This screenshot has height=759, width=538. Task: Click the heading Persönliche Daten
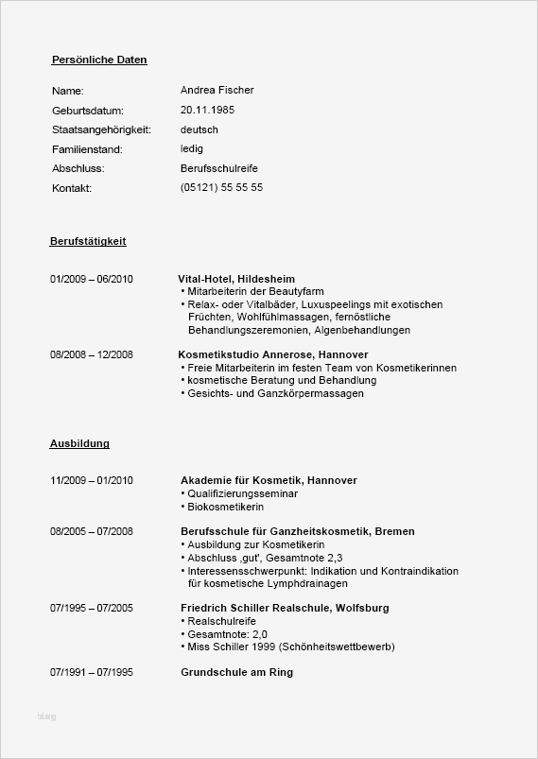pos(99,60)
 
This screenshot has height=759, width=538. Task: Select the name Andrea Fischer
pos(217,90)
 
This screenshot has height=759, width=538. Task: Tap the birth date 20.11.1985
pos(207,110)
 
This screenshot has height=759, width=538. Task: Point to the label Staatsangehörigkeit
pos(102,129)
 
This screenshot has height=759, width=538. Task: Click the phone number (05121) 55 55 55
pos(221,187)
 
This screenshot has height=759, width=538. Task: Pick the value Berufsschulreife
pos(218,168)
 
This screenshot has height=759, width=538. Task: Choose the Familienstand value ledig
pos(191,148)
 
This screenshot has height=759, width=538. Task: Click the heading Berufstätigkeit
pos(88,241)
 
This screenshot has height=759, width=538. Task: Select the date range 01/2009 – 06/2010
pos(92,279)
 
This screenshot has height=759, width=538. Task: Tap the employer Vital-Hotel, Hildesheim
pos(236,279)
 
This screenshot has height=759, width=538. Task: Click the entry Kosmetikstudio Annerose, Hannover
pos(262,354)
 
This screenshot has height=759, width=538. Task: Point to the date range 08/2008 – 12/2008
pos(92,354)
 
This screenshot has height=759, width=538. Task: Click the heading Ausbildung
pos(79,442)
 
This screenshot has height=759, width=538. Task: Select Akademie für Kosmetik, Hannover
pos(269,480)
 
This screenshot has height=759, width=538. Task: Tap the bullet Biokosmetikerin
pos(222,507)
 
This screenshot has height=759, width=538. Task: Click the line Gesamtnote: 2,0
pos(227,633)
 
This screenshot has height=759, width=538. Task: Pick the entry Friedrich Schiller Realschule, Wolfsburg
pos(284,607)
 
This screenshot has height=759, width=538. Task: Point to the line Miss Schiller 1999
pos(290,647)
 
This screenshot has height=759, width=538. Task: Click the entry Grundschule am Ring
pos(236,672)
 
